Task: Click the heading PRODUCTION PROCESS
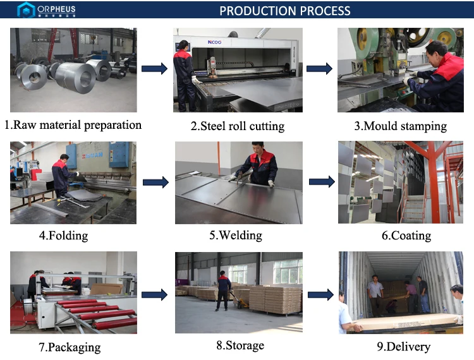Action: coord(284,11)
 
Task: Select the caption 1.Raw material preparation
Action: coord(73,125)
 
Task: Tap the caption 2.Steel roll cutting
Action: coord(238,126)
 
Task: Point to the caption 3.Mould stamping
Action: coord(400,126)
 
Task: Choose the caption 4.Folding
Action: coord(63,236)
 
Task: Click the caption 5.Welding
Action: coord(236,236)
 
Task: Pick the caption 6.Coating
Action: coord(406,236)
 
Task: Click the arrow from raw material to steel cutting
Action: coord(154,69)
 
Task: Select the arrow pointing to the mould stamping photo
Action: coord(319,69)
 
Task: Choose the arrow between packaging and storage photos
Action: coord(155,294)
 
